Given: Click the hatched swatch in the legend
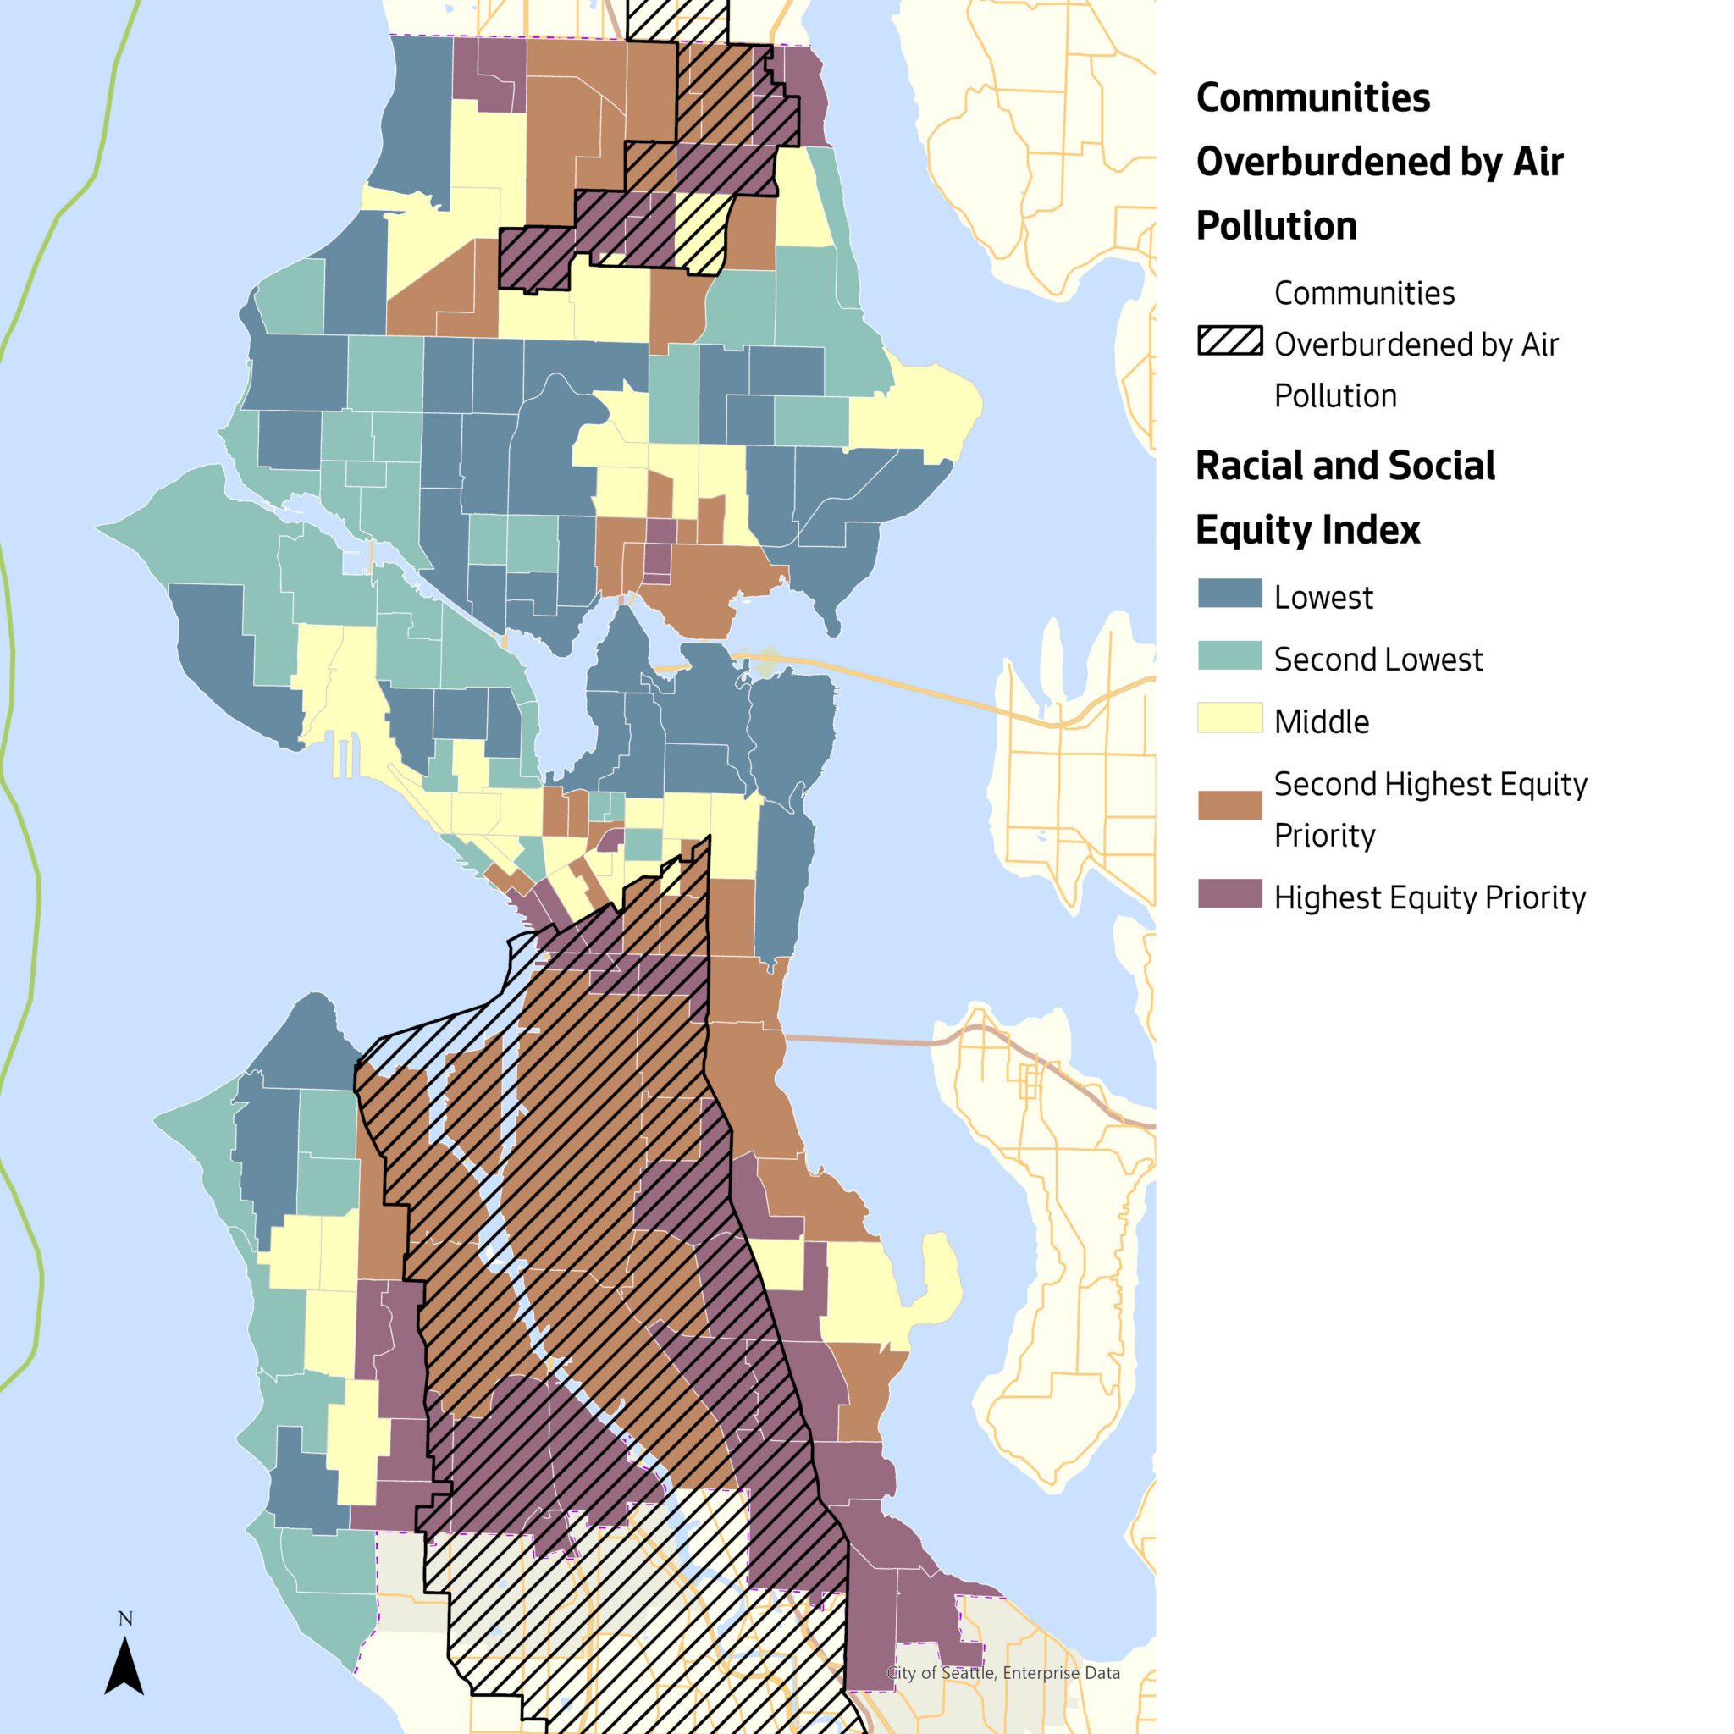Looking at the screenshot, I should pos(1229,342).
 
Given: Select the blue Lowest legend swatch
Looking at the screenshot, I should pos(1229,594).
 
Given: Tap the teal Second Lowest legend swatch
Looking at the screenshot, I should pos(1229,656).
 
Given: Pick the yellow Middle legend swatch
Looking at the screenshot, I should pos(1229,718).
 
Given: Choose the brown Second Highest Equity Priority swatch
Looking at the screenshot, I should pos(1229,805).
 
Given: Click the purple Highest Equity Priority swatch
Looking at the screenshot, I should pos(1229,894).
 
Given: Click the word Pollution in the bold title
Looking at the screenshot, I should pos(1276,226).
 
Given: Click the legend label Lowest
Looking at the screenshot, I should pos(1323,598).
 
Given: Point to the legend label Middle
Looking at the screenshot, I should pos(1321,721).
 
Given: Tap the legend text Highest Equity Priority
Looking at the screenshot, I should pos(1430,897).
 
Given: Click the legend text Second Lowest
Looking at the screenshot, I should pos(1378,660).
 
